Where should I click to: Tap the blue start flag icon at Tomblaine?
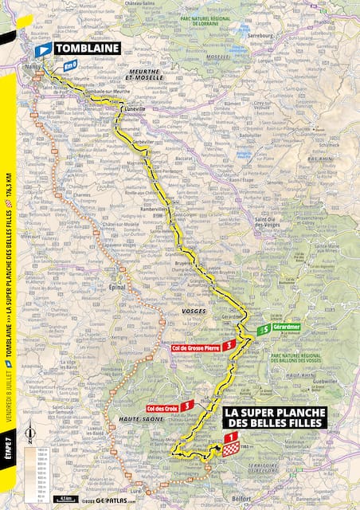click(x=41, y=49)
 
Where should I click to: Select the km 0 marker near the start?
click(x=70, y=66)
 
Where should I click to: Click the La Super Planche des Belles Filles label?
click(x=273, y=417)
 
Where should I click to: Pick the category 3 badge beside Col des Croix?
click(x=186, y=406)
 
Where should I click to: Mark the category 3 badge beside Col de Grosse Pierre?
click(x=229, y=346)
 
